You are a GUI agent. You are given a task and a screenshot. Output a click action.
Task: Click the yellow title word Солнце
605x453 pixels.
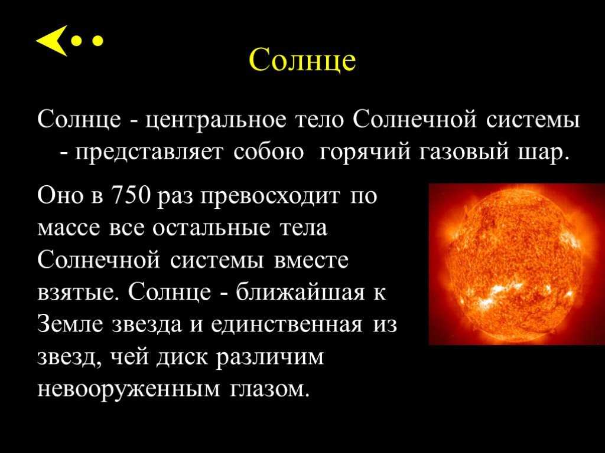click(302, 61)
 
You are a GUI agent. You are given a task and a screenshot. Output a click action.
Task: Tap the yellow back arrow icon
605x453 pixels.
click(52, 41)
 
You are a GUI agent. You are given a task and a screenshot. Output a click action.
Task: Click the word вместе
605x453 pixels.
click(311, 261)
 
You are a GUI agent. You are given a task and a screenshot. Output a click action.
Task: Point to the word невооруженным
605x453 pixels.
click(129, 390)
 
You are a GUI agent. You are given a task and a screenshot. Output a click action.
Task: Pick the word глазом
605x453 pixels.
click(270, 390)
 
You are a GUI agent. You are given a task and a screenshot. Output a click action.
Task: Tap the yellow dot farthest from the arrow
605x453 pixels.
click(98, 41)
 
